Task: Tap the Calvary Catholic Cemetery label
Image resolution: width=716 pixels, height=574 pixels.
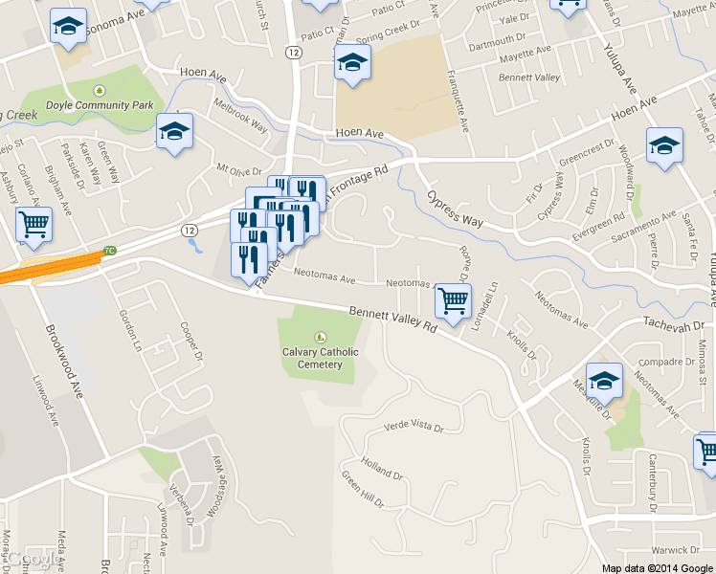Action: (320, 358)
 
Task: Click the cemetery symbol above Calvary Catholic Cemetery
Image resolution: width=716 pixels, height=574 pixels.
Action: (320, 336)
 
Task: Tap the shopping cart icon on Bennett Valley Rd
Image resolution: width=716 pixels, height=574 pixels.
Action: (453, 300)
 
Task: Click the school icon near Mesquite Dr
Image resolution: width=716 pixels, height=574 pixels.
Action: (604, 381)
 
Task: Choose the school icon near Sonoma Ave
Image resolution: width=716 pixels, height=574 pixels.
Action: (67, 27)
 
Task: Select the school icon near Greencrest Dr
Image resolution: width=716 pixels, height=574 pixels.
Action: (664, 146)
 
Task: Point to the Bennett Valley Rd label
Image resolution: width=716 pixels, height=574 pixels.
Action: (392, 319)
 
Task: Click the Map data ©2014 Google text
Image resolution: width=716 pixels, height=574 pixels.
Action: (657, 567)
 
